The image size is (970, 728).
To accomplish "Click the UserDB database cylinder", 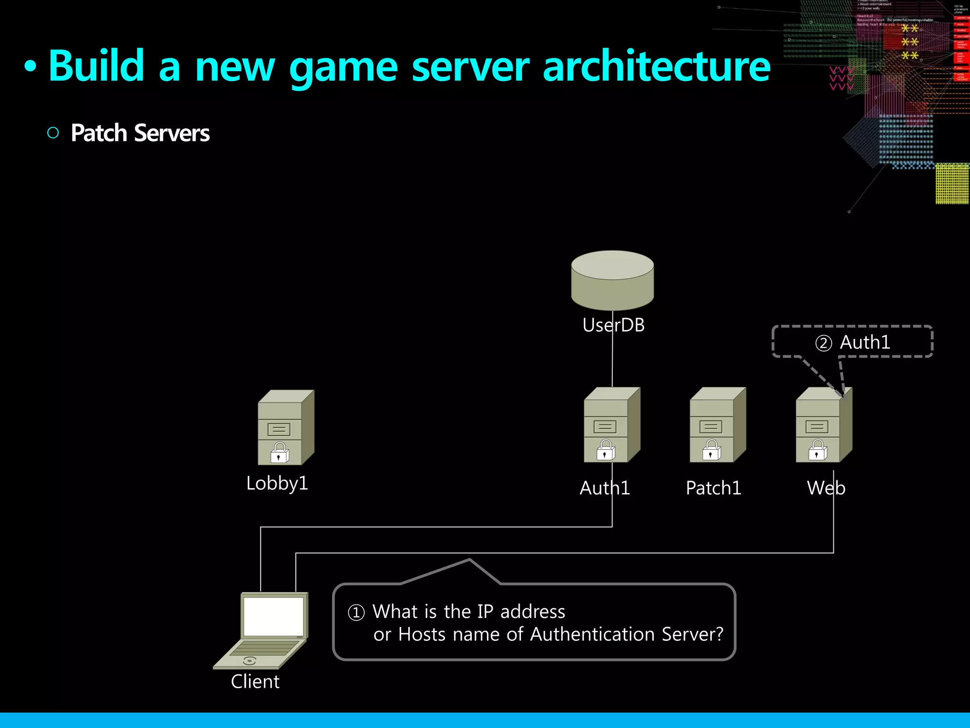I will point(612,280).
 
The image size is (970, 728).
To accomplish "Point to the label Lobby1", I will point(277,483).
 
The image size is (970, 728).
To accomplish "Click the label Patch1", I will point(713,488).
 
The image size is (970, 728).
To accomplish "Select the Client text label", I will point(255,682).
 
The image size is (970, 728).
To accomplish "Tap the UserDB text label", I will point(613,325).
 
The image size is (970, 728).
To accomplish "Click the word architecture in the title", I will point(656,66).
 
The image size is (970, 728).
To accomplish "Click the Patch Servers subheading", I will point(140,133).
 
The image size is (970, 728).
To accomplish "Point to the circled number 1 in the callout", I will point(356,612).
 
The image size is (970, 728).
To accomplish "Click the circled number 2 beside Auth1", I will point(823,343).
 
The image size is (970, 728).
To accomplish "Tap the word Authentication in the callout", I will point(593,634).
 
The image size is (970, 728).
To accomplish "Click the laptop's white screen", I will point(273,616).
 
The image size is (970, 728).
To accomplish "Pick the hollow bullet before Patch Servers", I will point(53,133).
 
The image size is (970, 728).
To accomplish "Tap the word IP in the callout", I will point(485,611).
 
